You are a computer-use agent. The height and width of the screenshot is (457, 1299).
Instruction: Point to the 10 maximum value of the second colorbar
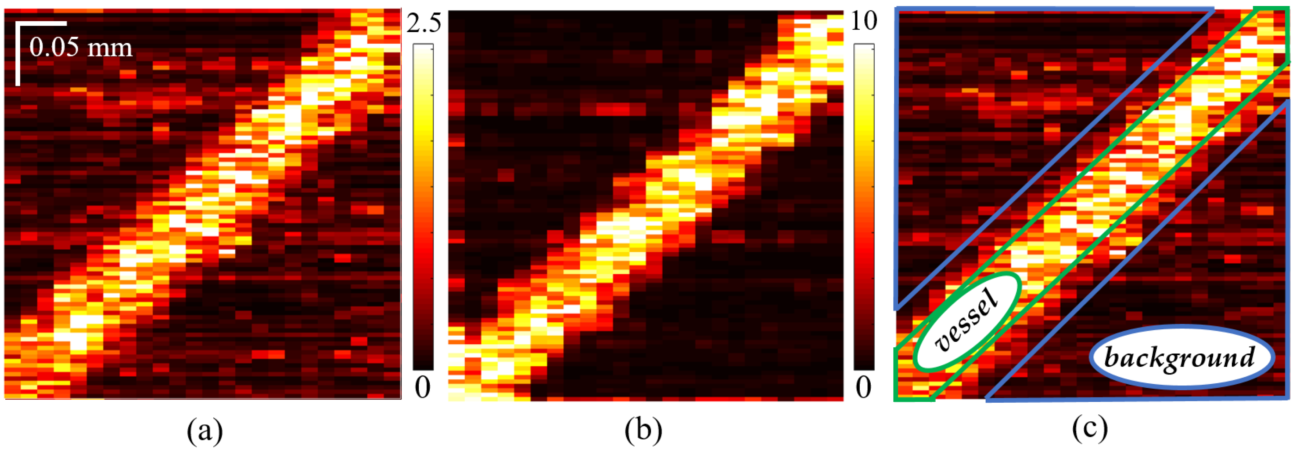pos(864,21)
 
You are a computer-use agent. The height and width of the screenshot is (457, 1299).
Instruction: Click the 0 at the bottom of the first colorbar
pos(423,388)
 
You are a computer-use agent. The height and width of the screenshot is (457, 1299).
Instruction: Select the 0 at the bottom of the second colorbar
pos(863,388)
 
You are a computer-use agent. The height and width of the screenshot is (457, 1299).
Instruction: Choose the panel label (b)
pos(643,431)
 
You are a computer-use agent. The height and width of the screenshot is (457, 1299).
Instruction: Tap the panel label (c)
pos(1090,429)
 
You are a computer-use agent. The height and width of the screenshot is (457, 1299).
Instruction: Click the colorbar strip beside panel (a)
pos(423,207)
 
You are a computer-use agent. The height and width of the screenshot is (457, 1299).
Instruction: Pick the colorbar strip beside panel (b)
pos(864,207)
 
